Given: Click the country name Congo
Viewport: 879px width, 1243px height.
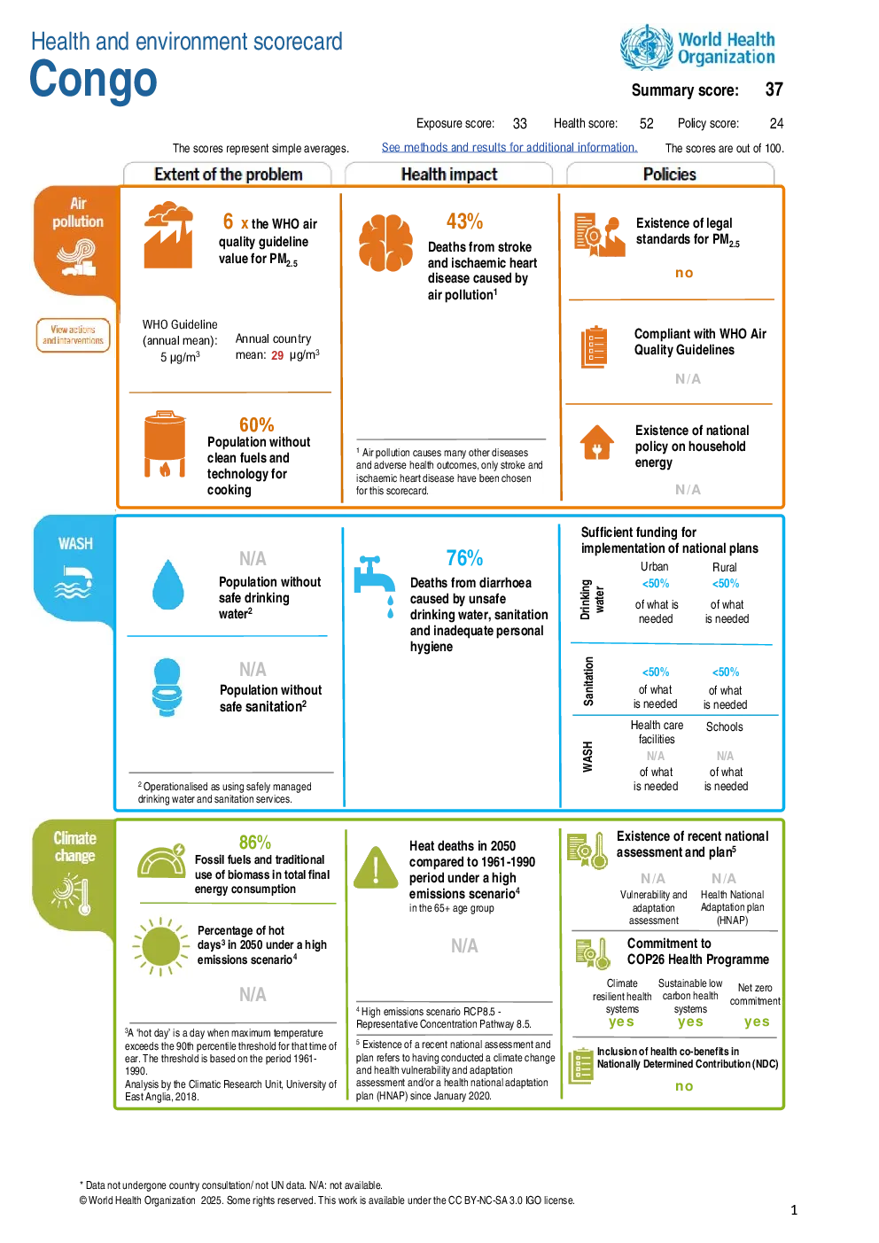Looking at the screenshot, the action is tap(93, 79).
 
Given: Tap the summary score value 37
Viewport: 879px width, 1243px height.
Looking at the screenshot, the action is tap(774, 89).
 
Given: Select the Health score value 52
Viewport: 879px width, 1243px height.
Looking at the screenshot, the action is tap(646, 123).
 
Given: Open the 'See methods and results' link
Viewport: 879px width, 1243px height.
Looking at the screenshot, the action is tap(509, 147).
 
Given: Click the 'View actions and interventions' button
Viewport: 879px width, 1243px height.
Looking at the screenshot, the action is tap(73, 335).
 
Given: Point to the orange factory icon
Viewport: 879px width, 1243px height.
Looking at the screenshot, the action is tap(168, 235).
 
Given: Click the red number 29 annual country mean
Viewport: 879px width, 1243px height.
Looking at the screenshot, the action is tap(277, 355).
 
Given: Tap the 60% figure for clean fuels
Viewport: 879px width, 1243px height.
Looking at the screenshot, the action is tap(256, 424).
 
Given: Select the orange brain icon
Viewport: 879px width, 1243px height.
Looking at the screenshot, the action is tap(385, 243).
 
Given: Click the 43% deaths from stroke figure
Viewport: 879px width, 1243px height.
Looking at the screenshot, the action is tap(464, 221).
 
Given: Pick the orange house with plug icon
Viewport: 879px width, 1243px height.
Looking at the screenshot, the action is tap(596, 442).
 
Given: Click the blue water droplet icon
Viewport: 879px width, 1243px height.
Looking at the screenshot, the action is tap(167, 585).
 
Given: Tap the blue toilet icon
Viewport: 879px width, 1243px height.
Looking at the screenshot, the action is tap(167, 687).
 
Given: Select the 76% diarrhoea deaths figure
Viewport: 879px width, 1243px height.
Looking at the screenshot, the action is tap(464, 557).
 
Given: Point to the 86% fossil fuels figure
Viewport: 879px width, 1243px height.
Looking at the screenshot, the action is tap(254, 843).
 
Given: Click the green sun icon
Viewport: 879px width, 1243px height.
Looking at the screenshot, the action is tap(160, 946).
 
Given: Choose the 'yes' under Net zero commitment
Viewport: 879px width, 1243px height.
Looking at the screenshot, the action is tap(757, 1022).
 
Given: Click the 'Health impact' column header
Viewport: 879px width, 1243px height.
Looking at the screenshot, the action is tap(449, 175).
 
